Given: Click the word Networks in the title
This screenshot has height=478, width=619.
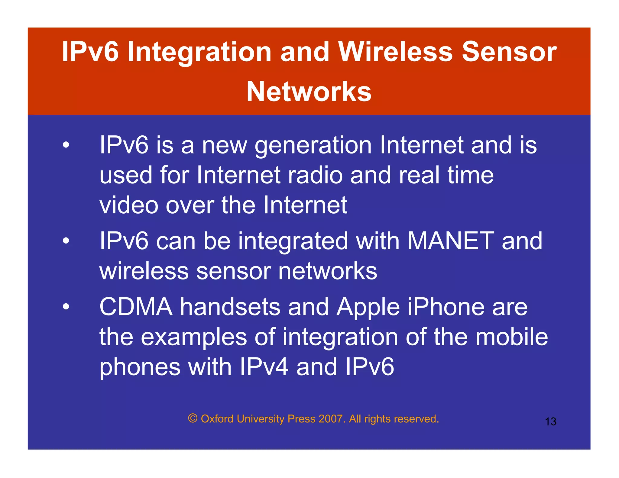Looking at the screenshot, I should tap(309, 92).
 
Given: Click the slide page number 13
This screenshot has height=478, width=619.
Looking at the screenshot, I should tap(550, 421).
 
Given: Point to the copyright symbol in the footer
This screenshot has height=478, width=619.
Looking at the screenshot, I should tap(193, 418).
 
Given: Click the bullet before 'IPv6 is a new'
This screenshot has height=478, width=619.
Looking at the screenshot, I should tap(66, 145).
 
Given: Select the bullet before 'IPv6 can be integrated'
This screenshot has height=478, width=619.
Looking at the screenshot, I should tap(66, 241).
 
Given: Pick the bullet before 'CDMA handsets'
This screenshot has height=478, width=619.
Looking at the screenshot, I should tap(66, 307).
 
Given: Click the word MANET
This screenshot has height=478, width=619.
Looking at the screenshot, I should tap(451, 241).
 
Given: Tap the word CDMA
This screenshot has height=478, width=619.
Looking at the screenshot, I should tap(136, 307).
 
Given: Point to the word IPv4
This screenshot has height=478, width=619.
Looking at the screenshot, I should tap(264, 367).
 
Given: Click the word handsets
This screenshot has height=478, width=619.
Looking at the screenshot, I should tap(230, 307).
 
